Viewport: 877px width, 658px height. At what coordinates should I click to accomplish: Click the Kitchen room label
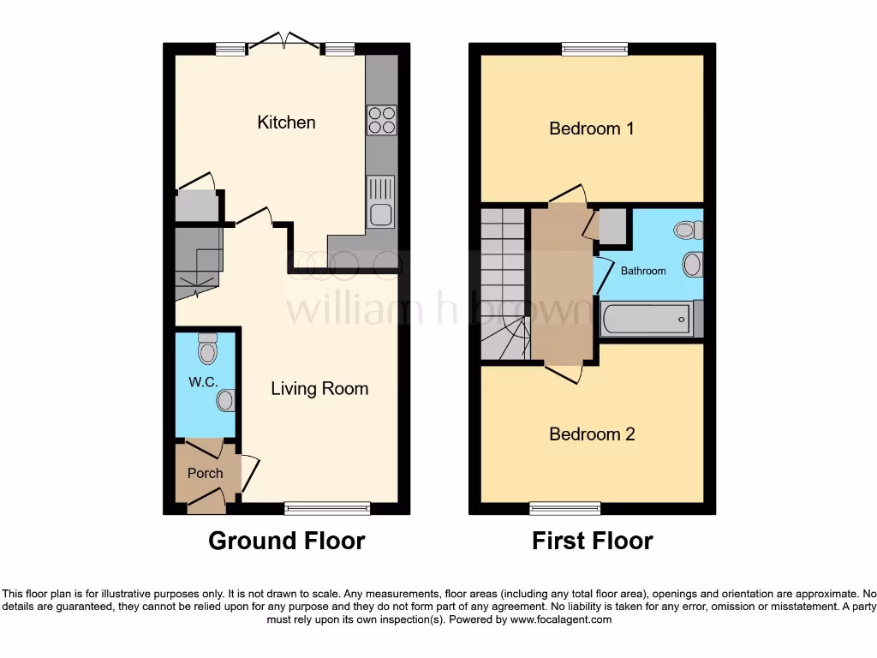[286, 123]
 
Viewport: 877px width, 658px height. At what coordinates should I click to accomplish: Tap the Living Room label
[319, 389]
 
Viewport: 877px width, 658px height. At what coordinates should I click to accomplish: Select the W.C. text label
[203, 382]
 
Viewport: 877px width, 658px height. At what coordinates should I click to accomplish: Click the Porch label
[205, 473]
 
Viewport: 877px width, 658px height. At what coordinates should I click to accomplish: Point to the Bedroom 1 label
[592, 129]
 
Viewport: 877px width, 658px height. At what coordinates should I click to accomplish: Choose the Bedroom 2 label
[592, 434]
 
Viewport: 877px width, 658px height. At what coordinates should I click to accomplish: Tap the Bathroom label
[643, 271]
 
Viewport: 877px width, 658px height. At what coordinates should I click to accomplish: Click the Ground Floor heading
[287, 541]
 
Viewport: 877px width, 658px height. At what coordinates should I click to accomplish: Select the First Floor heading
[592, 541]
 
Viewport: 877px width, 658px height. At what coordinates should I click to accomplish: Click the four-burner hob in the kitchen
[381, 120]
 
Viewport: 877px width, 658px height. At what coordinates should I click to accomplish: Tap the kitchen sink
[381, 201]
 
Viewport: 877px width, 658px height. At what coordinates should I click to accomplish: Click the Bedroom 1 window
[594, 49]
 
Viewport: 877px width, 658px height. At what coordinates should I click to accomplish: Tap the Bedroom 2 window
[564, 509]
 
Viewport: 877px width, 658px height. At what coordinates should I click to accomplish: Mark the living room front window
[327, 509]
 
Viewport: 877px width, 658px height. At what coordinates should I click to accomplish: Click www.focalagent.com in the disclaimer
[563, 619]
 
